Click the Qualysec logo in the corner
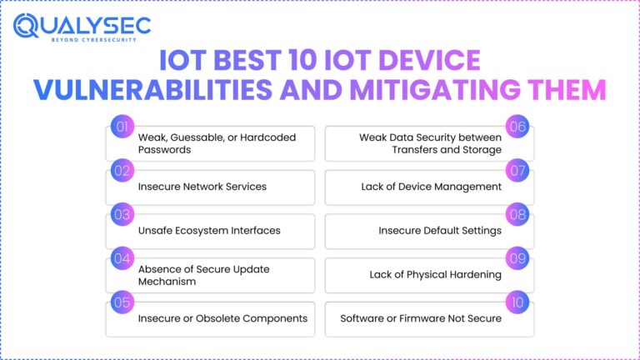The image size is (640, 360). [82, 27]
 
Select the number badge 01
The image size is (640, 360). [122, 127]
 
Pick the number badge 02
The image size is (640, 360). [122, 170]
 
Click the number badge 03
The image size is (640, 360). [122, 214]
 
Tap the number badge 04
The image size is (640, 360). [122, 258]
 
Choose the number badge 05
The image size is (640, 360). [122, 302]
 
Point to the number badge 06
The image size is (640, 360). [517, 127]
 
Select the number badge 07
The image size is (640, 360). [517, 170]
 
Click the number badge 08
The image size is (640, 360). [517, 214]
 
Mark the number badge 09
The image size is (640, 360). [517, 258]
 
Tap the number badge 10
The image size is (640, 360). [517, 302]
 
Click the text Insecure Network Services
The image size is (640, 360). [202, 187]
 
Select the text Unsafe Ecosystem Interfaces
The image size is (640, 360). [208, 231]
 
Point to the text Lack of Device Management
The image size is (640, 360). [431, 187]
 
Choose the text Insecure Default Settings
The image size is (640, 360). [440, 231]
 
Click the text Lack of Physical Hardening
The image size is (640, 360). [435, 274]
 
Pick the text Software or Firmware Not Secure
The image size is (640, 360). [421, 318]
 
